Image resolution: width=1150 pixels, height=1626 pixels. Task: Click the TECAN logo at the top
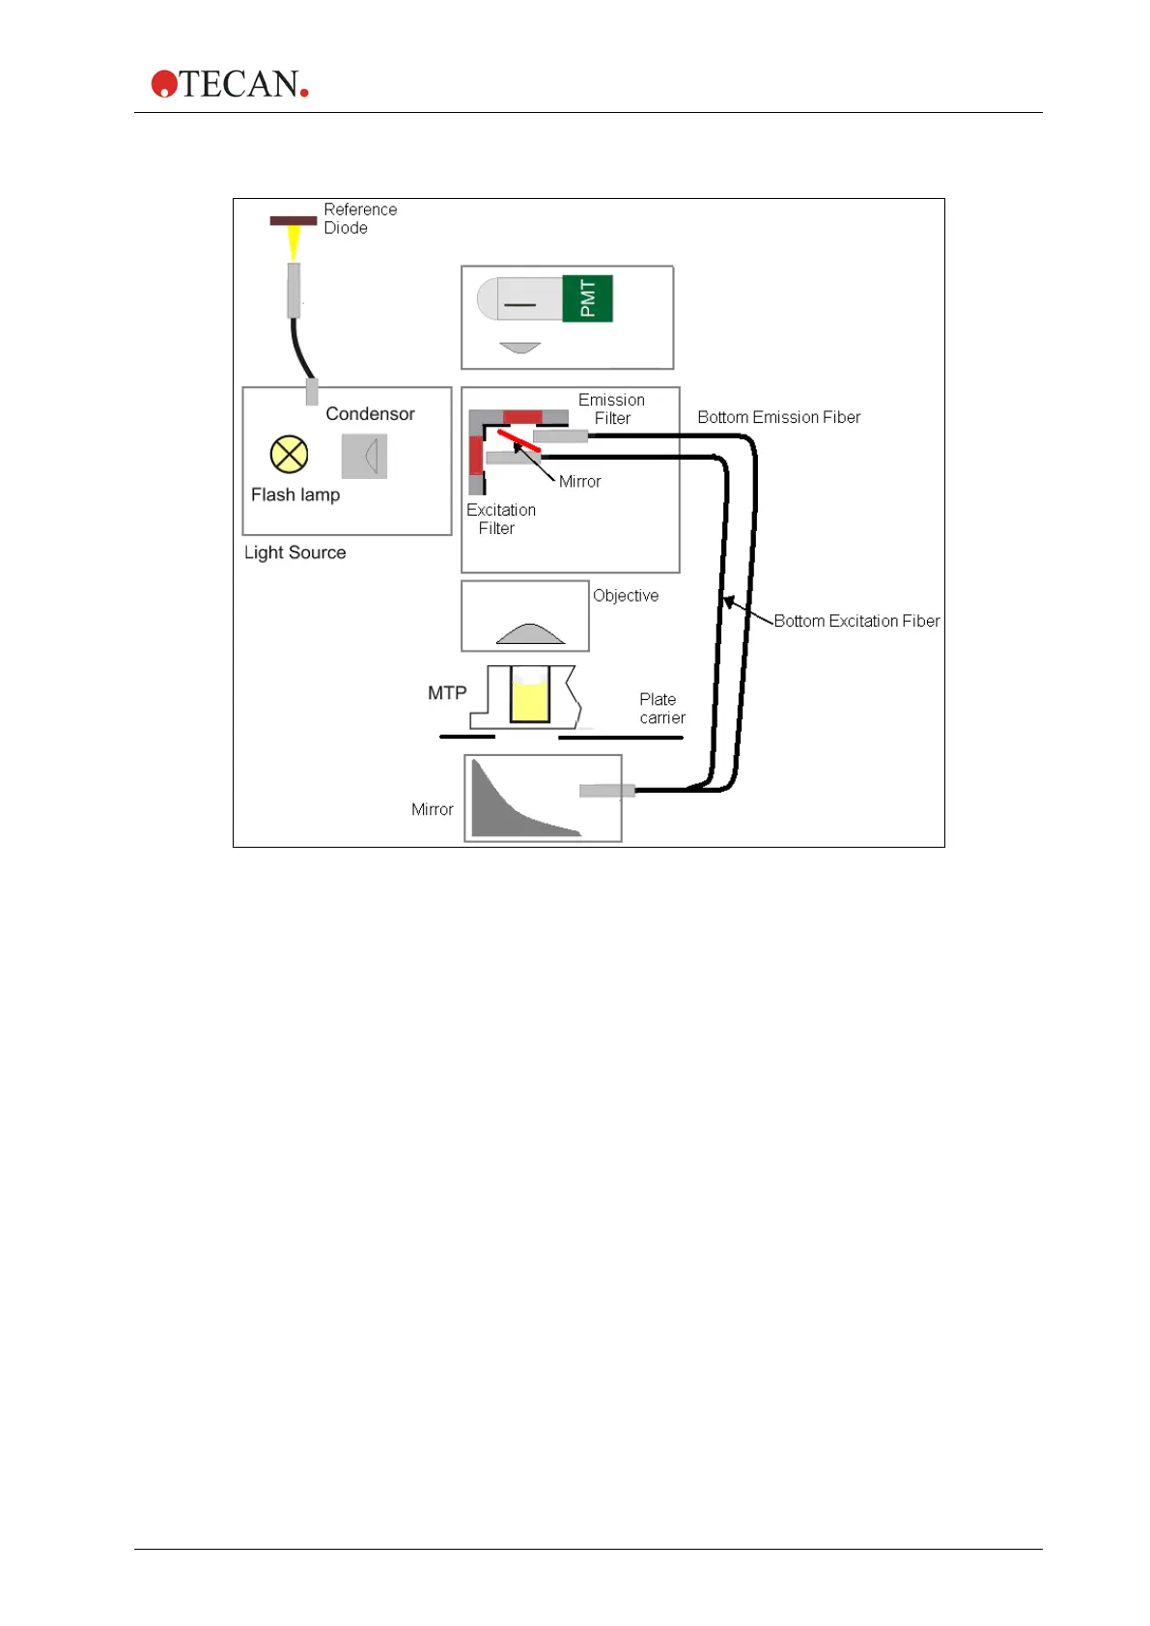click(230, 84)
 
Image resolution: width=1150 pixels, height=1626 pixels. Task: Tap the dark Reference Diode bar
click(293, 220)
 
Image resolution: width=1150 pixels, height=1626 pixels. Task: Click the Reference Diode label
click(359, 218)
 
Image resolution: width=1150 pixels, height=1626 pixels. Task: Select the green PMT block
click(587, 298)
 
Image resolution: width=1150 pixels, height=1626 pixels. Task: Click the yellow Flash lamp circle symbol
click(289, 454)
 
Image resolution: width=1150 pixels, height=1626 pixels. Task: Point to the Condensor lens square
click(364, 456)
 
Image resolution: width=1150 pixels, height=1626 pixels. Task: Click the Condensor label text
click(370, 413)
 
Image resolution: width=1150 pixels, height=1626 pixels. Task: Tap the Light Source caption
click(295, 552)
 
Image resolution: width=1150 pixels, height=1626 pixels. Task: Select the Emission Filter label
click(612, 408)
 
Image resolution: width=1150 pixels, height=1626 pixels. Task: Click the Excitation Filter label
click(500, 519)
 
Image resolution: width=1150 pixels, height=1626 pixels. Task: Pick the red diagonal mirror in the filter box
click(519, 441)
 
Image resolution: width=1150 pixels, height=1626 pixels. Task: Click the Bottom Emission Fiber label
click(778, 417)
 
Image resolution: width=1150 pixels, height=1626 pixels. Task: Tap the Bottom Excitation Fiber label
click(855, 621)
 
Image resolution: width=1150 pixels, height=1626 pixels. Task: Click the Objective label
click(626, 596)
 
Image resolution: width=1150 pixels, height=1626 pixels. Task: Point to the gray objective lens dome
click(529, 634)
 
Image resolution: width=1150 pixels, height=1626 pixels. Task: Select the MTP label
click(447, 692)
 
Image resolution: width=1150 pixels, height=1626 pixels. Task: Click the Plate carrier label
click(661, 708)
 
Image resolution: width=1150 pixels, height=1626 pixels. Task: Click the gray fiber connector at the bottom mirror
click(606, 791)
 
